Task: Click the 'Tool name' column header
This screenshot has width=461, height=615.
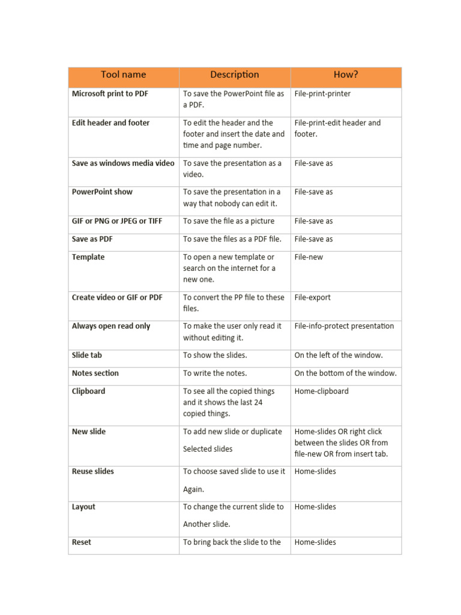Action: pos(123,75)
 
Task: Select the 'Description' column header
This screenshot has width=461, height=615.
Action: pos(235,75)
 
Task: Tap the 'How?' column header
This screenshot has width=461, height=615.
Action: pos(346,75)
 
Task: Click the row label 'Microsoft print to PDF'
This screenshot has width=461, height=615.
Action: pos(110,94)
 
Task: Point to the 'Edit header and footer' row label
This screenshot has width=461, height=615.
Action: pos(110,123)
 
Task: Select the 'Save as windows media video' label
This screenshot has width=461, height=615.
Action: pos(123,163)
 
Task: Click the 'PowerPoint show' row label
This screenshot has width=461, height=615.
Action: pos(102,192)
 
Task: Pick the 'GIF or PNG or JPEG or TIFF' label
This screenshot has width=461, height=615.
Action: pos(117,221)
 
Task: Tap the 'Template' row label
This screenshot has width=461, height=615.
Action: pos(88,257)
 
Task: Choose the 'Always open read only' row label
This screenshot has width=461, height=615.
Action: pos(111,326)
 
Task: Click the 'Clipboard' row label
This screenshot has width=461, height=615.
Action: pos(88,391)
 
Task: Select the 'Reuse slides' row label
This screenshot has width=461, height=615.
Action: pos(92,471)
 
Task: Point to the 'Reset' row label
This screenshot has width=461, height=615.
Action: pos(82,542)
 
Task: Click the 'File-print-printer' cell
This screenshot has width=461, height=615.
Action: pos(322,94)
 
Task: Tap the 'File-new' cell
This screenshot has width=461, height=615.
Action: pos(309,257)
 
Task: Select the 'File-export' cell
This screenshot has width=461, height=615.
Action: pos(312,297)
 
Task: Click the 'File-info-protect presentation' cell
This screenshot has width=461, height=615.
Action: pos(344,326)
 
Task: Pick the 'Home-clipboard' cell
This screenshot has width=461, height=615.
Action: pos(321,391)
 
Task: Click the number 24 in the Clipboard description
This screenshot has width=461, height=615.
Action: pos(258,402)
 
